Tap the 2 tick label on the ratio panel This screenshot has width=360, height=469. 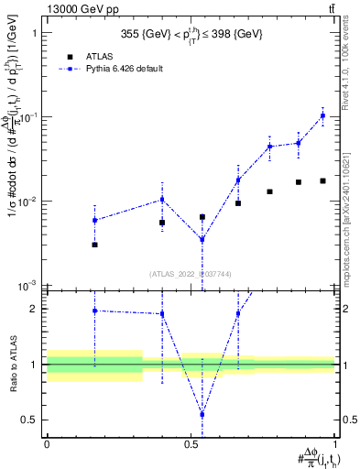tap(35, 309)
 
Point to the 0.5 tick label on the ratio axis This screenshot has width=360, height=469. tap(30, 420)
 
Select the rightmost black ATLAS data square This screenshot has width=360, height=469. tap(322, 180)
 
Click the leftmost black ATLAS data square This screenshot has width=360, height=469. tap(94, 245)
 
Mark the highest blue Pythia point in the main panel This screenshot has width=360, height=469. tap(322, 115)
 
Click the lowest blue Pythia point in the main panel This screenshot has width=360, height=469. tap(202, 240)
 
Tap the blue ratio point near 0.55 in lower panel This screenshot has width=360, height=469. tap(202, 414)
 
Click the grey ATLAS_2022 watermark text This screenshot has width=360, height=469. tap(191, 273)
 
